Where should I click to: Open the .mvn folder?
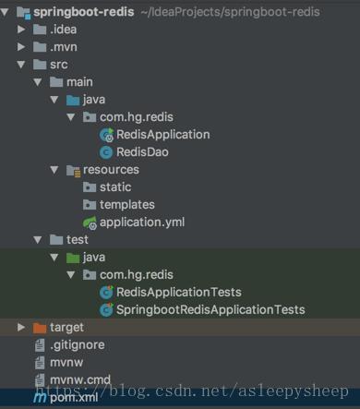[x=64, y=46]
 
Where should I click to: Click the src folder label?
[x=58, y=65]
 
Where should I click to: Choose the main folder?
[x=78, y=82]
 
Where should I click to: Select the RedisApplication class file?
[x=162, y=134]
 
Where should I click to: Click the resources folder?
[x=110, y=170]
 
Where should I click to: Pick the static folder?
[x=115, y=187]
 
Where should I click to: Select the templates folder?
[x=126, y=204]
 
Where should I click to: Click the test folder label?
[x=77, y=240]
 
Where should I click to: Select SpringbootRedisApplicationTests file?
[x=210, y=309]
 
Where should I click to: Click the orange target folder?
[x=66, y=327]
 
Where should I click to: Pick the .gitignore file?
[x=77, y=344]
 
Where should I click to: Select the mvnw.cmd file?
[x=81, y=379]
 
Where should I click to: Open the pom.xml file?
[x=75, y=397]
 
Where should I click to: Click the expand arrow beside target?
[x=21, y=327]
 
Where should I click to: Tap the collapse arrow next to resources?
[x=54, y=170]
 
